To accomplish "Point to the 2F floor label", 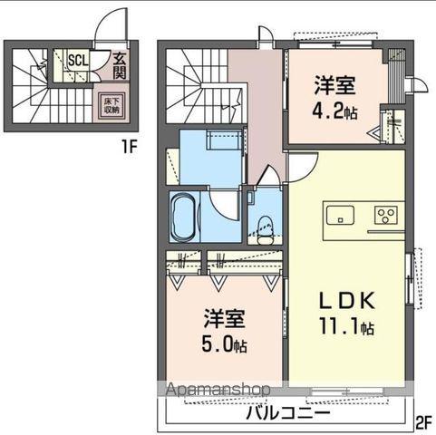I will (x=423, y=420).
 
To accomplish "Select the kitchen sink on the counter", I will (x=341, y=215).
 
